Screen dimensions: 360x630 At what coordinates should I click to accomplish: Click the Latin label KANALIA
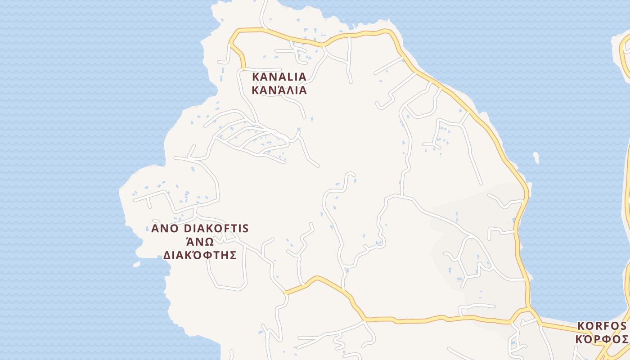[x=279, y=76]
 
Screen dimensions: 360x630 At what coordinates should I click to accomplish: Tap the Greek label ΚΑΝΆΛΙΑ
[x=279, y=90]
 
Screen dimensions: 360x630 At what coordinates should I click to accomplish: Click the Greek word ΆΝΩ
[x=200, y=242]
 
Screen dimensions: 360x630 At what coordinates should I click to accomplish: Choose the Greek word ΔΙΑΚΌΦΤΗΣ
[x=200, y=256]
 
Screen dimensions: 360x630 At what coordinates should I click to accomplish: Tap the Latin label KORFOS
[x=602, y=325]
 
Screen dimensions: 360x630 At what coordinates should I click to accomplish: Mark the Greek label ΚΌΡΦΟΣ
[x=602, y=339]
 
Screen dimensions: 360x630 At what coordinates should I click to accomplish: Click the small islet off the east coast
[x=535, y=157]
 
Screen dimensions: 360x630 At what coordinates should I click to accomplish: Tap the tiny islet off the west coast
[x=136, y=264]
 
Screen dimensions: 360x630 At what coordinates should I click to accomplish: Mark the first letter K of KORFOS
[x=580, y=325]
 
